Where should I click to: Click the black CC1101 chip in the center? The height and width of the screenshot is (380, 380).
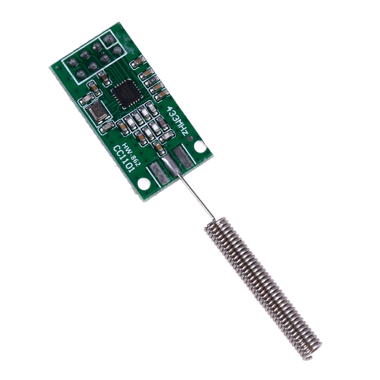point(126,93)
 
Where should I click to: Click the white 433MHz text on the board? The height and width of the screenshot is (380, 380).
point(178,121)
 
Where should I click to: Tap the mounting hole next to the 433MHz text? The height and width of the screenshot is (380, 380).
point(200,146)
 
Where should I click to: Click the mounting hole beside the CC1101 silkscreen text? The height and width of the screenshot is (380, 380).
point(142,184)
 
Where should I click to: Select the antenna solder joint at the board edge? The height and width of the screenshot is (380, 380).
point(169,165)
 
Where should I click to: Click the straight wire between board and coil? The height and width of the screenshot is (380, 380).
point(197,196)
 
